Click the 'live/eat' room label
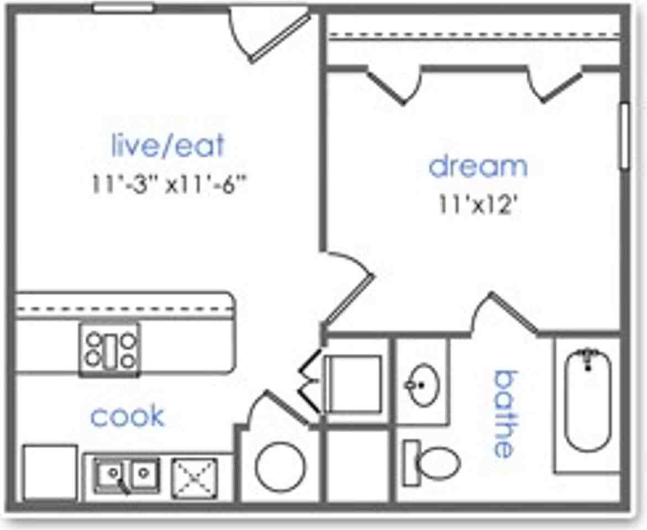(168, 145)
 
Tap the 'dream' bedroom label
(478, 166)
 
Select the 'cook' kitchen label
(128, 416)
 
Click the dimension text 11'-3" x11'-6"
(169, 184)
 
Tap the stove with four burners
(110, 350)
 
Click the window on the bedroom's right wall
(624, 136)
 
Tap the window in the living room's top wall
(123, 8)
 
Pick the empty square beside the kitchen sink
(50, 473)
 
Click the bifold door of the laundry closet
(309, 381)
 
